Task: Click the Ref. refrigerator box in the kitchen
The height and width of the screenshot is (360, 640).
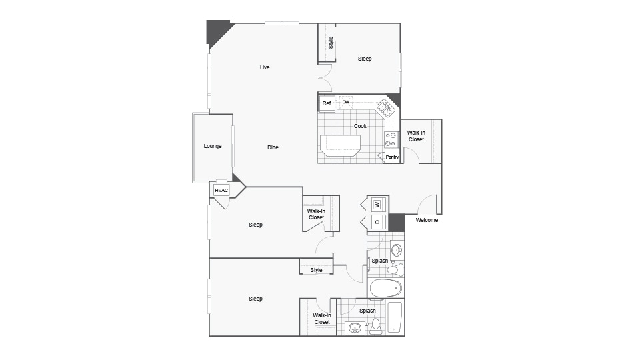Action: coord(327,103)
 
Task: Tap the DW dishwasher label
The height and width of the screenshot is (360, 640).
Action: coord(346,102)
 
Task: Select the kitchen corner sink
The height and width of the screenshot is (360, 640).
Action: coord(385,108)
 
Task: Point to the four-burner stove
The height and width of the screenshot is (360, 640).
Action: coord(391,139)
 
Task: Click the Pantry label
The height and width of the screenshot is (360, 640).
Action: coord(392,157)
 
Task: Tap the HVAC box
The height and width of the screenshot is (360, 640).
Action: coord(221,190)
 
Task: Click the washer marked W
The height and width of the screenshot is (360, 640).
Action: coord(377,204)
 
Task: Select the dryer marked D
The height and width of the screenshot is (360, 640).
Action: coord(377,222)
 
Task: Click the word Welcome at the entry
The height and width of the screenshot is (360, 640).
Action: coord(427,220)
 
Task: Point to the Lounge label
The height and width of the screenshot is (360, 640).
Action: coord(213,146)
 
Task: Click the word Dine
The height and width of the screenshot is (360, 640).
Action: coord(273,147)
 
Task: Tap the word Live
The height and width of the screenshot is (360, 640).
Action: coord(265,67)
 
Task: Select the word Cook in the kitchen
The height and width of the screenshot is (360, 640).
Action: coord(360,126)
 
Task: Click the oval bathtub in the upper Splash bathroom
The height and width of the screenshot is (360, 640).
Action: coord(386,289)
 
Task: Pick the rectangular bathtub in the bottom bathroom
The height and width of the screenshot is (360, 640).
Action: coord(395,317)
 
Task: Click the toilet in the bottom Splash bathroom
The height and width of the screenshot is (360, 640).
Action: coord(376,327)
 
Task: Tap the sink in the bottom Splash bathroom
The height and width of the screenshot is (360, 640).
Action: coord(355,328)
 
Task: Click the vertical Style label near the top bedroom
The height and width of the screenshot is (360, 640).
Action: coord(331,43)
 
